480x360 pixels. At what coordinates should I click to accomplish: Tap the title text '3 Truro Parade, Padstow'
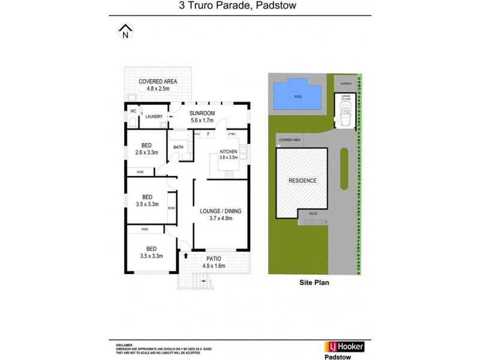(240, 7)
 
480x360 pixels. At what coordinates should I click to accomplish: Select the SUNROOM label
(202, 116)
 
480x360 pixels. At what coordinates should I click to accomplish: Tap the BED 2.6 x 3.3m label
(146, 149)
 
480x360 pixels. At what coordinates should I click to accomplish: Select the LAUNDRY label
(154, 117)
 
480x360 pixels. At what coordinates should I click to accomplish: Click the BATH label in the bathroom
(178, 147)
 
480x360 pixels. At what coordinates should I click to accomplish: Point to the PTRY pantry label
(232, 134)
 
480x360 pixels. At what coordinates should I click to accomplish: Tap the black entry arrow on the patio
(186, 255)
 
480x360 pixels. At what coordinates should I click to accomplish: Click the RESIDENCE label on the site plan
(302, 181)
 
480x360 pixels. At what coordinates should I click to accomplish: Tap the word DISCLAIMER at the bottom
(124, 346)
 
